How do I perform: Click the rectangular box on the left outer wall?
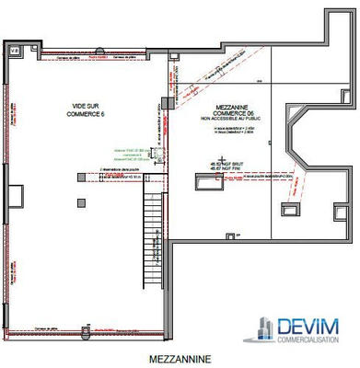(14, 196)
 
